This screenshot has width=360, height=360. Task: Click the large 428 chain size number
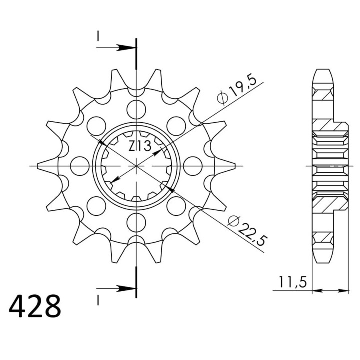(35, 306)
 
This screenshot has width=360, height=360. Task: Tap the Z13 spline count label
(140, 146)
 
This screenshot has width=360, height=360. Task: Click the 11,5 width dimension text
(292, 282)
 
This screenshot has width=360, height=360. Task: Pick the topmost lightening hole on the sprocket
(136, 109)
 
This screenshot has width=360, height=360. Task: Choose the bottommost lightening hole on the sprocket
(136, 222)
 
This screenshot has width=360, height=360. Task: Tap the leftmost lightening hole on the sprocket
(80, 166)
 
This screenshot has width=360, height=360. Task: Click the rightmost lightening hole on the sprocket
(193, 166)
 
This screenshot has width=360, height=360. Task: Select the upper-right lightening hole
(176, 126)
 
